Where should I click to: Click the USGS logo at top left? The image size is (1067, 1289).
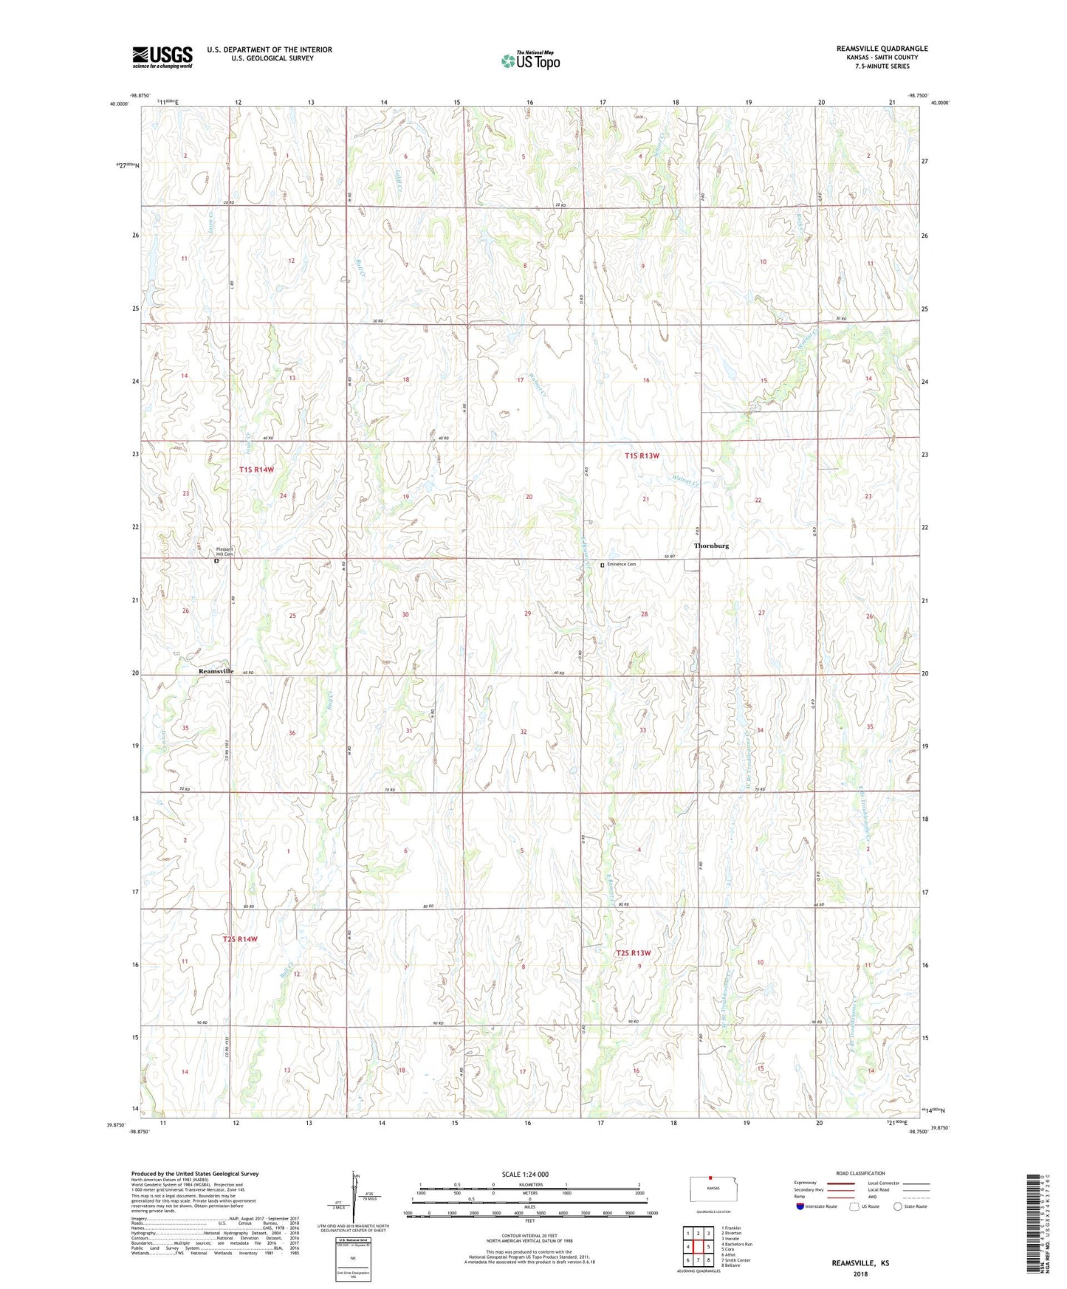point(162,57)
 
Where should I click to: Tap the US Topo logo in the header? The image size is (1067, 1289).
point(530,61)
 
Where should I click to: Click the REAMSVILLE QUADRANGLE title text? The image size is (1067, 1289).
point(882,49)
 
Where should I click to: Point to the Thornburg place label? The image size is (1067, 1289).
point(711,546)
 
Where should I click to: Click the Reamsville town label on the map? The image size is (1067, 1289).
point(216,671)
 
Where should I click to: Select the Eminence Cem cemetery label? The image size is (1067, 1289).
point(621,564)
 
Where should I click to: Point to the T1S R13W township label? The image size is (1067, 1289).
point(641,456)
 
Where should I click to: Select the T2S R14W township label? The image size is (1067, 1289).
point(240,939)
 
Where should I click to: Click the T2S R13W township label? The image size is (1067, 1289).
point(634,953)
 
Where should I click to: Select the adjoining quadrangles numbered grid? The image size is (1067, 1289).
point(698,1246)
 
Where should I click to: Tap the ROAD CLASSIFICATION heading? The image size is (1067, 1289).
point(860,1173)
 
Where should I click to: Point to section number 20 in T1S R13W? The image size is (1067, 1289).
point(529,497)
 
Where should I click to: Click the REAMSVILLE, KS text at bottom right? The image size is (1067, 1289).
point(860,1263)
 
